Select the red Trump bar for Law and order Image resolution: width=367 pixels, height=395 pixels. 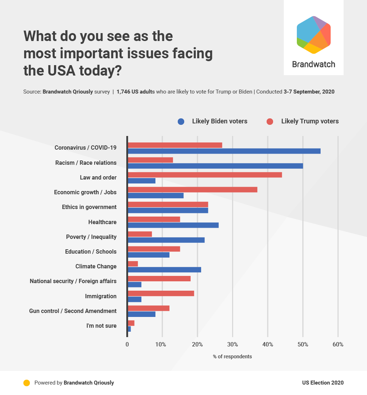point(205,175)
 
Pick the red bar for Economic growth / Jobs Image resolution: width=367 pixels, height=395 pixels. point(192,190)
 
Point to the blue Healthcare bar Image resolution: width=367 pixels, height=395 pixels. point(173,225)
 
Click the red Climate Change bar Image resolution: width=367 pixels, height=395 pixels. point(133,264)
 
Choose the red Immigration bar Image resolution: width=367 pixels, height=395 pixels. point(161,293)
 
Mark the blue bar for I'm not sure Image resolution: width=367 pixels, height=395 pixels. point(129,329)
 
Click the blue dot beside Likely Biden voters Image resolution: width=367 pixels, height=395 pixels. point(181,122)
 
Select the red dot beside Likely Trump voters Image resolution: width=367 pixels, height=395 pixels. point(270,122)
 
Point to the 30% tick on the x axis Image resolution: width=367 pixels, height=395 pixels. point(233,345)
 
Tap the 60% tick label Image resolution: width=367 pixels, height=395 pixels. point(338,345)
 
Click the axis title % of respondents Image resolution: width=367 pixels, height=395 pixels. point(232,357)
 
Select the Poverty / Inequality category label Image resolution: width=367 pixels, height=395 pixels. point(91,237)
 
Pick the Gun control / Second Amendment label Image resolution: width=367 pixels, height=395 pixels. point(73,311)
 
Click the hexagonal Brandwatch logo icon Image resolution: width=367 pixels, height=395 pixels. point(313,35)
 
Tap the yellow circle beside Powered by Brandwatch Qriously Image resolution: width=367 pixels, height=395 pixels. point(26,383)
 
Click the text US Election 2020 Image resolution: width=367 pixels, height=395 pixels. point(323,383)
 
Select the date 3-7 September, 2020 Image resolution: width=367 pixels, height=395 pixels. point(309,92)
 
